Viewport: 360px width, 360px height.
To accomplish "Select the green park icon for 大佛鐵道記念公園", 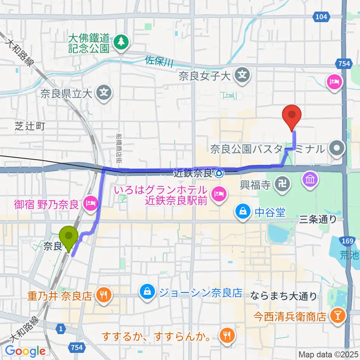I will pos(121,39).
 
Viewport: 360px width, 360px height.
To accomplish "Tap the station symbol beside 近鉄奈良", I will pos(219,173).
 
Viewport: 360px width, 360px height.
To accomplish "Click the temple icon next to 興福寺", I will pos(280,183).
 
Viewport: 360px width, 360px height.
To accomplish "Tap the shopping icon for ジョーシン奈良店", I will pos(147,292).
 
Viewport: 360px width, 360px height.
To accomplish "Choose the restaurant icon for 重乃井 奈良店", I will pos(103,295).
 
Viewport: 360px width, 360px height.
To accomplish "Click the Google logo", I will pos(25,351).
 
